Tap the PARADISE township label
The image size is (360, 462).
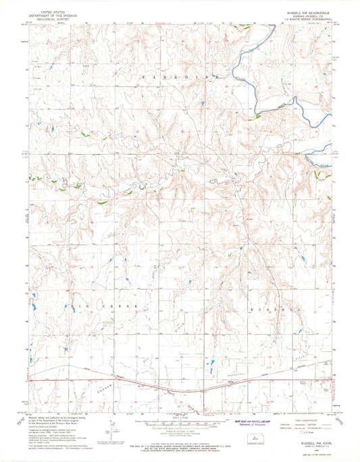180,79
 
